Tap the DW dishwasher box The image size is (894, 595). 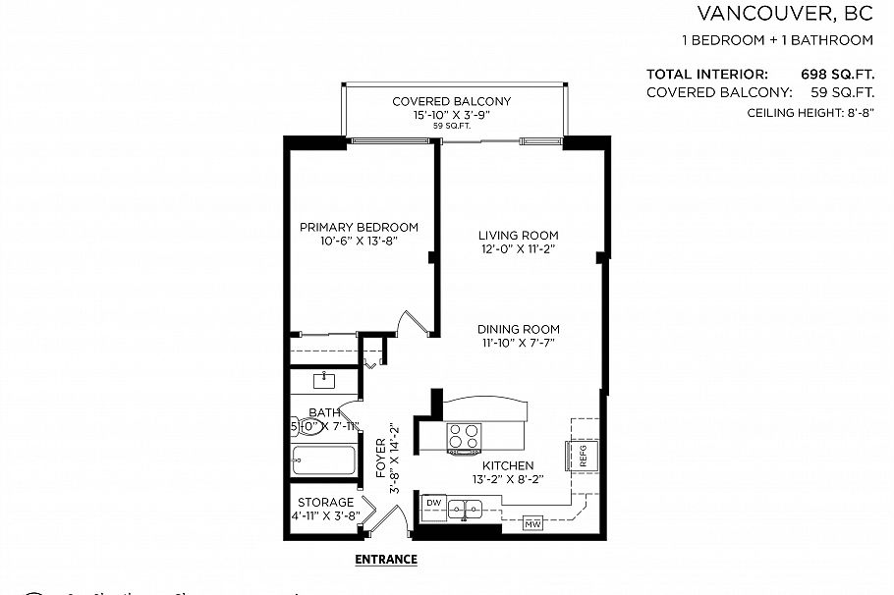tap(434, 503)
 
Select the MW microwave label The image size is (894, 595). tap(533, 522)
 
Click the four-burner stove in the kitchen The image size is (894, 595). tap(464, 436)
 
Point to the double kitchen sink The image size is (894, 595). tap(464, 509)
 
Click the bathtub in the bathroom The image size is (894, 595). tap(324, 460)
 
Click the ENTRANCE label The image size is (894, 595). tap(385, 560)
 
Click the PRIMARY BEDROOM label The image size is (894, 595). tap(359, 227)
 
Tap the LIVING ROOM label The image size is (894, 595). tap(518, 235)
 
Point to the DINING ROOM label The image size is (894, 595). tap(519, 329)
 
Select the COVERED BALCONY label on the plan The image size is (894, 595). tap(451, 101)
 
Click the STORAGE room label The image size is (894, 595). tap(326, 502)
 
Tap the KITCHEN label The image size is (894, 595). tap(507, 465)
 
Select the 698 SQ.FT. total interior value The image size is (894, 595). tap(838, 74)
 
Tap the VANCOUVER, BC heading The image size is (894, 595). tap(785, 14)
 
